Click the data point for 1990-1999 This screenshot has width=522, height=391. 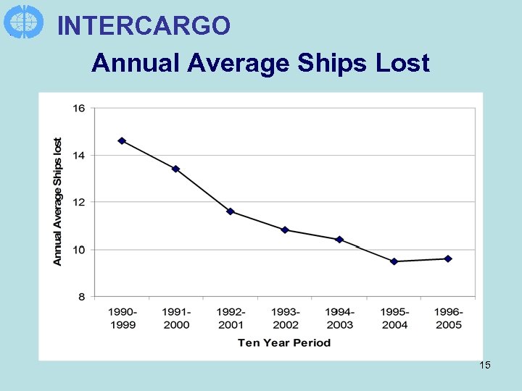point(122,140)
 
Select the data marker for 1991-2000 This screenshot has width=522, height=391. point(175,169)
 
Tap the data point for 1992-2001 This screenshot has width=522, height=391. point(230,211)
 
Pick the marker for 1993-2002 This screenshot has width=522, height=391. point(285,230)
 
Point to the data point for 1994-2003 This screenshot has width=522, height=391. point(339,240)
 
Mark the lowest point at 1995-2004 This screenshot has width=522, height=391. point(394,261)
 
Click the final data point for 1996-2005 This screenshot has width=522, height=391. point(448,258)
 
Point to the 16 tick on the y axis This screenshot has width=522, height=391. point(78,109)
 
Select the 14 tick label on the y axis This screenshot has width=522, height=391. point(78,155)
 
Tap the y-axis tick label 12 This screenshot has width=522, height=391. point(78,202)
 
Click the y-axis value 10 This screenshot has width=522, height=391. point(78,250)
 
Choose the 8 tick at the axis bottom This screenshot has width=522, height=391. point(80,297)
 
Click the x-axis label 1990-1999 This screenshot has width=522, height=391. point(122,318)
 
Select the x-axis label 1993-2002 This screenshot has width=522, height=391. point(285,318)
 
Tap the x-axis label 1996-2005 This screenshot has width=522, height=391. point(449,318)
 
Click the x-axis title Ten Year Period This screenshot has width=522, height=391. point(284,342)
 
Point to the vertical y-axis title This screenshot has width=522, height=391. point(58,201)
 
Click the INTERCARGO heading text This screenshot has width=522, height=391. point(144,26)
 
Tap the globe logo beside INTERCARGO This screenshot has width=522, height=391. point(23,21)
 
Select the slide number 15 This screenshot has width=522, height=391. point(485,365)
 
